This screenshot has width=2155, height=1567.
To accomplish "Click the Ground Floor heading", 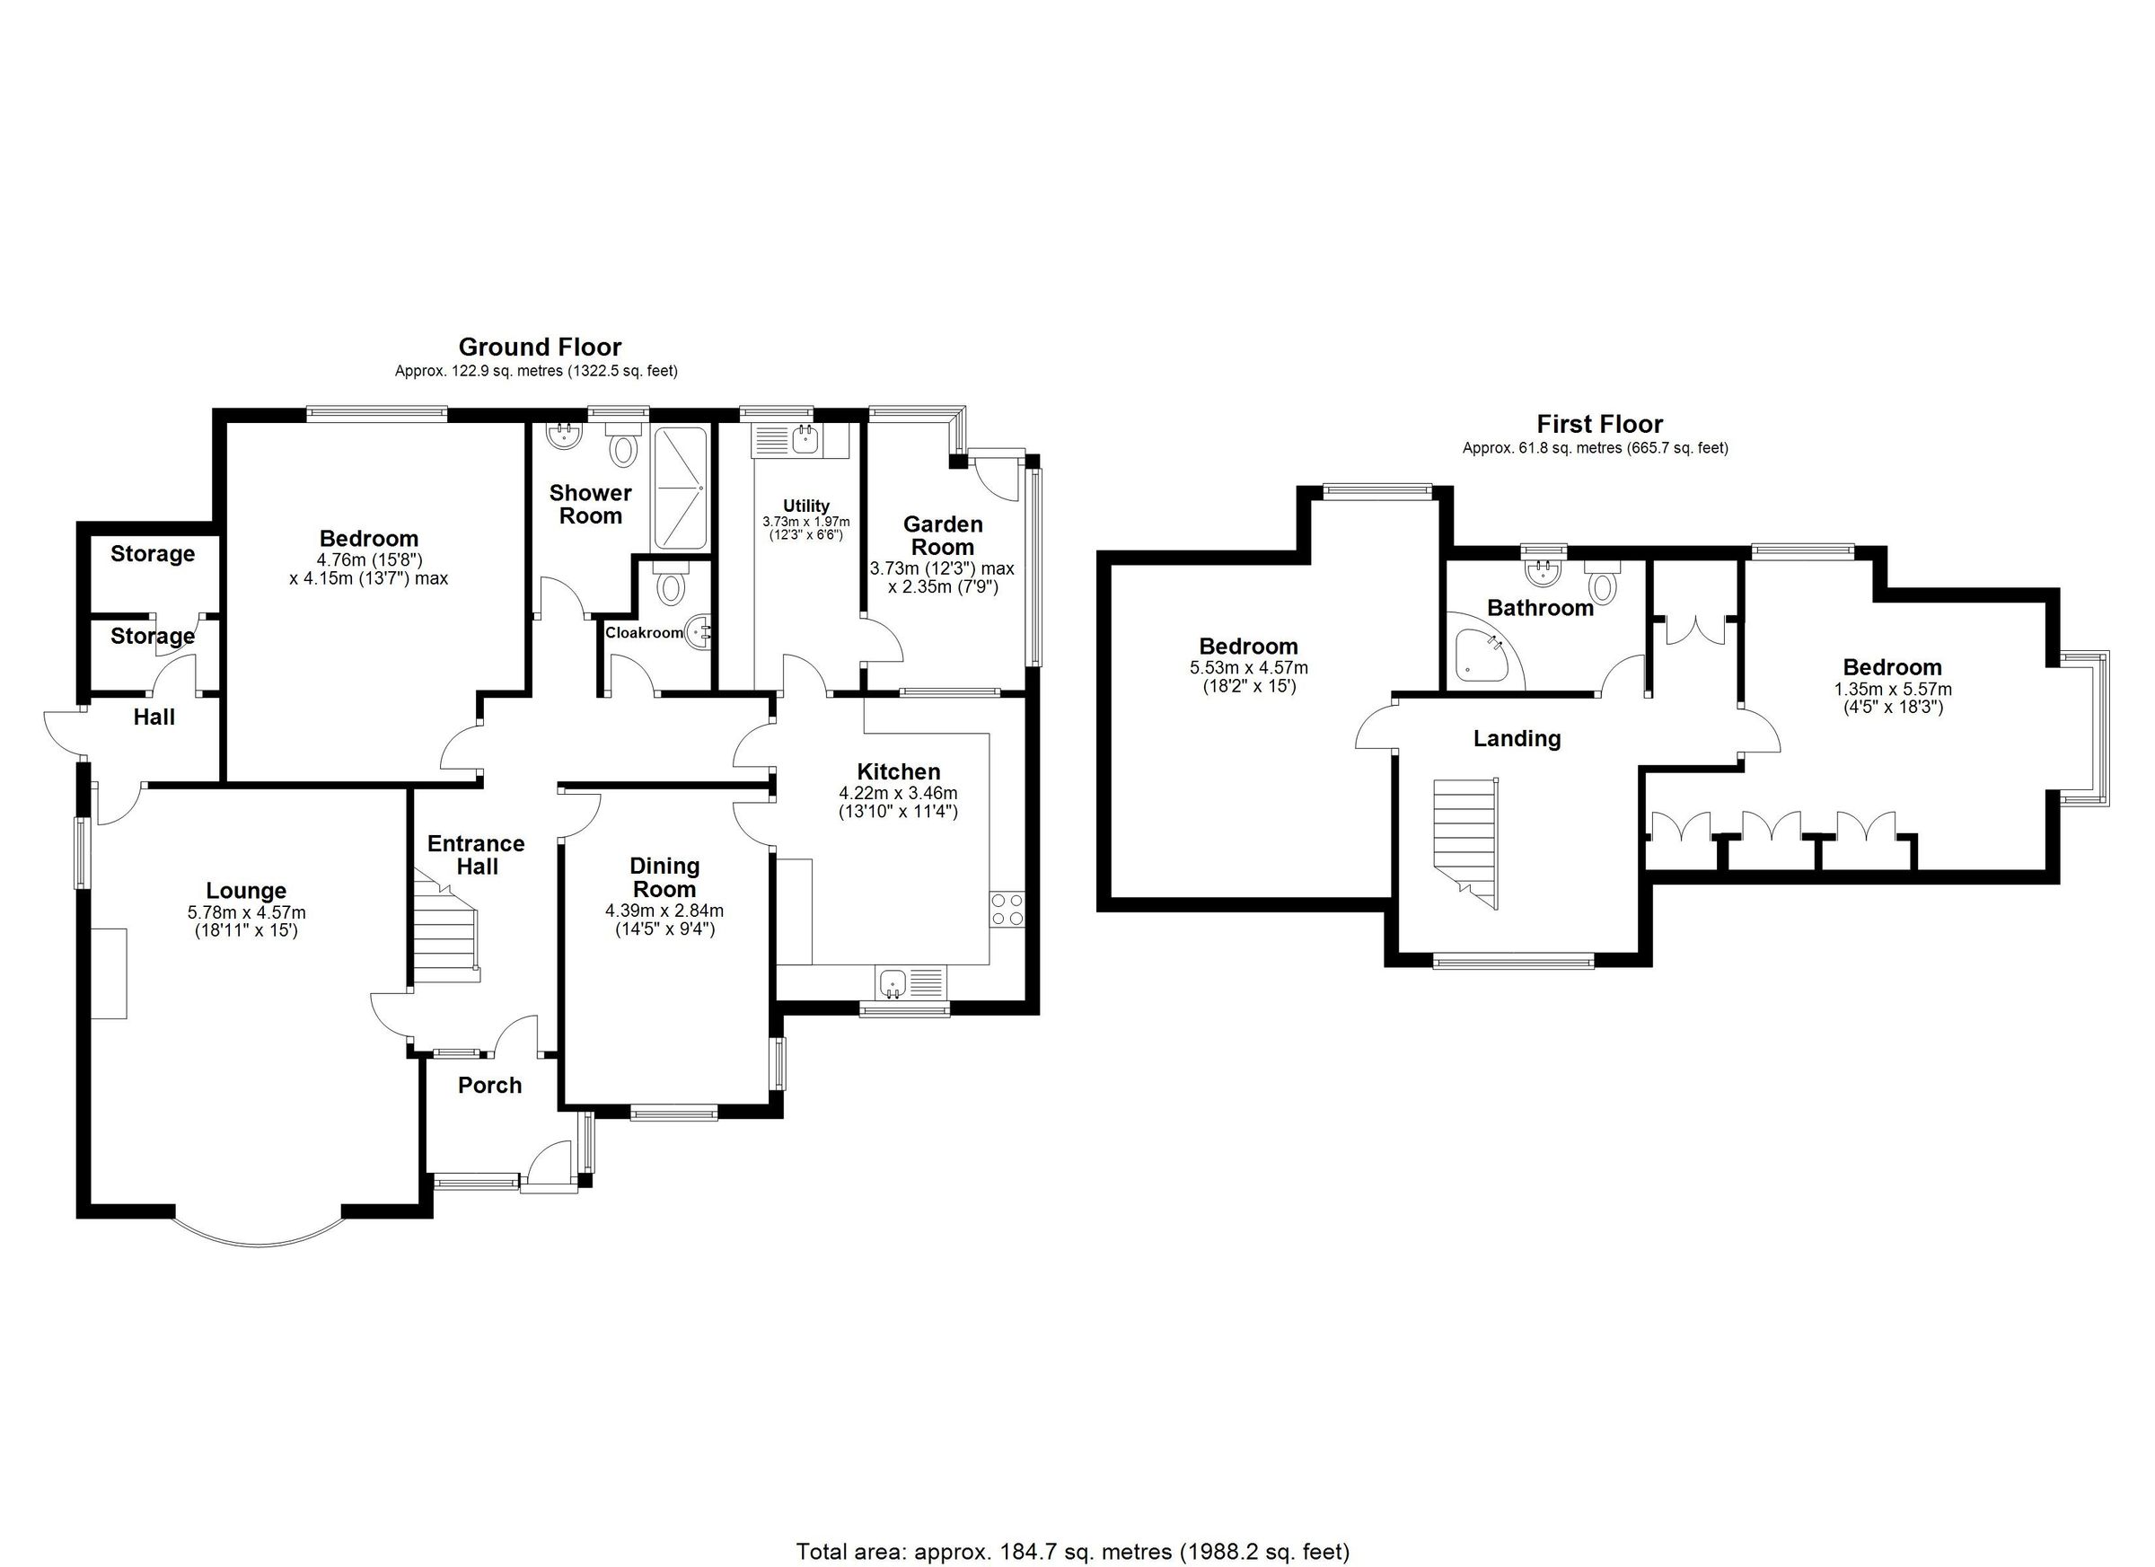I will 540,347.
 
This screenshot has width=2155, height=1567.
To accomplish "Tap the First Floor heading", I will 1599,424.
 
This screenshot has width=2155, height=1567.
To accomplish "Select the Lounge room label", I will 246,891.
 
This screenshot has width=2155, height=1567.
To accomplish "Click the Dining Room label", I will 664,877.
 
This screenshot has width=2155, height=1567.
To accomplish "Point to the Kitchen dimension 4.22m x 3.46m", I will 897,793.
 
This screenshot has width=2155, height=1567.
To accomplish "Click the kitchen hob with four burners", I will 1007,910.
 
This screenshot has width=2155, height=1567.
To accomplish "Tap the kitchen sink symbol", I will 893,982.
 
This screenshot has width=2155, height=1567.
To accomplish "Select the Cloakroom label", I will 643,633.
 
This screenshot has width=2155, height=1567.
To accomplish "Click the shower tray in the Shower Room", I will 680,489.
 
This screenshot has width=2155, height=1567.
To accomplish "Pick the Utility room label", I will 805,506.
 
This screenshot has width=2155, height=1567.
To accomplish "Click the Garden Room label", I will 942,535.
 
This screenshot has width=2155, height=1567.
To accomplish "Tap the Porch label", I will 489,1085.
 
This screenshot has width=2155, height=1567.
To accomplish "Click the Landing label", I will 1517,738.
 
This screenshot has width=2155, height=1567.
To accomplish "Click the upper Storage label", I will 152,554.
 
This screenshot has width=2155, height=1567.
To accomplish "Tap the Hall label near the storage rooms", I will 154,717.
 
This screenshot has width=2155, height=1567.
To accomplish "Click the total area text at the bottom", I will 1072,1551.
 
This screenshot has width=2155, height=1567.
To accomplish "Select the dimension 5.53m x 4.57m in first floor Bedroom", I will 1247,668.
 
